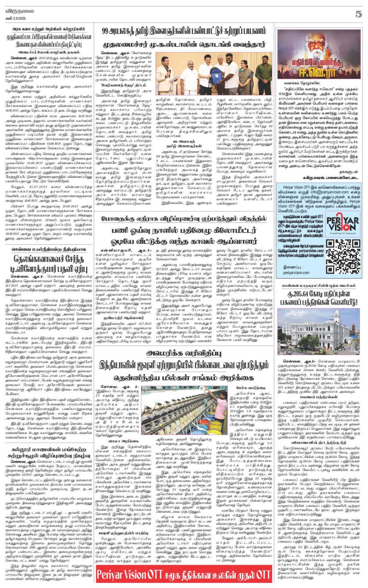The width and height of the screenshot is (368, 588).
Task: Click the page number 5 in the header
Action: tap(358, 14)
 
